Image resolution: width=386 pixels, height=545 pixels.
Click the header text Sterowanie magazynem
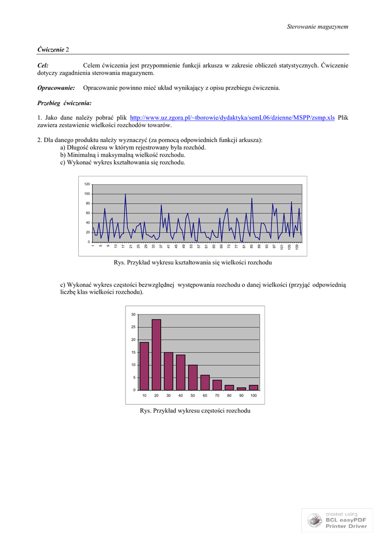coord(317,27)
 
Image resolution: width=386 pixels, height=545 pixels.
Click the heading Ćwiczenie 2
coord(53,49)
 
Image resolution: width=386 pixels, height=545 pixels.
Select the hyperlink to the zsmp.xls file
coord(232,118)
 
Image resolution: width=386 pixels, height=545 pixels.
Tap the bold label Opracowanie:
coord(56,88)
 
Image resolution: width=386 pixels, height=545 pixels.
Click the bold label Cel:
coord(43,65)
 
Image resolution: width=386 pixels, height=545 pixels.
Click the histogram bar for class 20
coord(157,354)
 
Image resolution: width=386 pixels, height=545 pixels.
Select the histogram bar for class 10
coord(144,366)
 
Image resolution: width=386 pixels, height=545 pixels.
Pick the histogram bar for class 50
coord(193,377)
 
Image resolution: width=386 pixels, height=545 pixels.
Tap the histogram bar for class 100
coord(253,387)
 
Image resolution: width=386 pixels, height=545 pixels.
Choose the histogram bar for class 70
coord(217,385)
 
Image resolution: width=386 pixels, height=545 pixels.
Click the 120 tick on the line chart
coord(87,184)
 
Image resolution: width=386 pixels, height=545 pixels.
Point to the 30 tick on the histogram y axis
coord(133,315)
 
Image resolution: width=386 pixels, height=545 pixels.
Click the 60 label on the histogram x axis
coord(205,396)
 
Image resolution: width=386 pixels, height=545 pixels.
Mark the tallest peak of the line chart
coord(125,195)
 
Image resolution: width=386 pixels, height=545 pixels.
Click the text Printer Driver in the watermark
coord(347,526)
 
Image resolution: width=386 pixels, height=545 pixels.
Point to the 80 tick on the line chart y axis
coord(87,203)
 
